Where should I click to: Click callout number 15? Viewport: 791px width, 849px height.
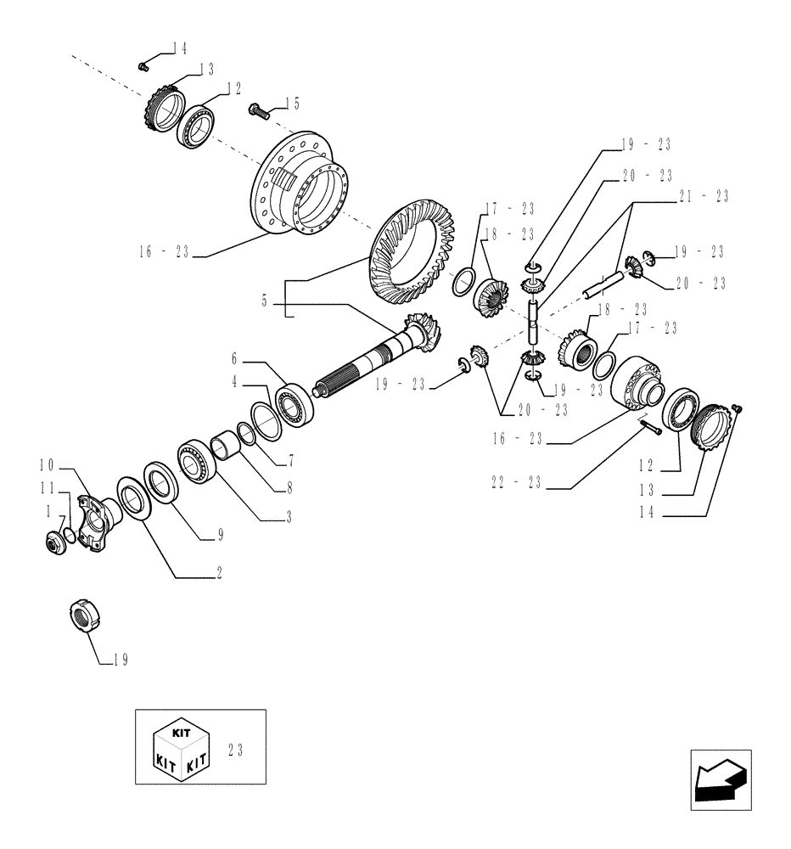[291, 104]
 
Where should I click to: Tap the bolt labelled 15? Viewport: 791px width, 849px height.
[257, 110]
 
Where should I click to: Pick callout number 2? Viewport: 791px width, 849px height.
[218, 575]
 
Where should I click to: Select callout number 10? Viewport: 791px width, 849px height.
[46, 464]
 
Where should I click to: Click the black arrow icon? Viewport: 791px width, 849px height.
[720, 777]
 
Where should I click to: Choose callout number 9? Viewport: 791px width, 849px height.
[220, 535]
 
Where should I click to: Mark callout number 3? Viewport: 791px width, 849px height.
[289, 515]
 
